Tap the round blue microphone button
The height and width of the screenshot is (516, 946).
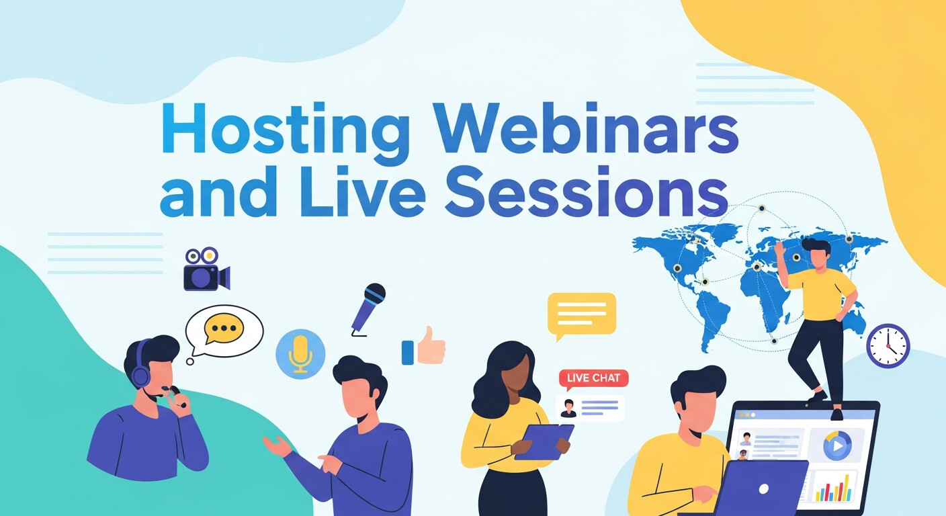click(300, 352)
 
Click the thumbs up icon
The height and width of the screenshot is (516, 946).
click(425, 347)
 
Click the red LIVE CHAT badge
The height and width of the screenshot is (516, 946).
click(593, 378)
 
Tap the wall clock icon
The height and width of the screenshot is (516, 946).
click(888, 346)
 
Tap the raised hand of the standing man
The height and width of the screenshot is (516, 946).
click(779, 249)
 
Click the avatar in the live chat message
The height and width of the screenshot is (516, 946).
click(568, 408)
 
